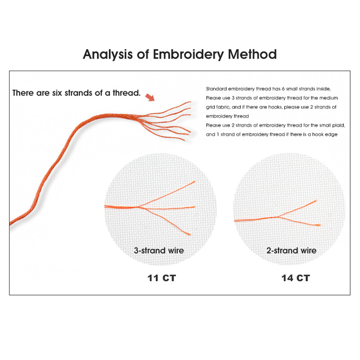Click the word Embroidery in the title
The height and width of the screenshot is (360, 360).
tap(188, 54)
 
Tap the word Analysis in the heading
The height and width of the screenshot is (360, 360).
tap(108, 54)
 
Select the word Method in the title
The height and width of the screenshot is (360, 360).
tap(252, 54)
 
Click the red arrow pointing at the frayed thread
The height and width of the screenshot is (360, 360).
tap(150, 97)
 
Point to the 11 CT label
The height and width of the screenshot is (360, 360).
tap(162, 278)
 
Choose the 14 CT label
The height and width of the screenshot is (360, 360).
tap(296, 278)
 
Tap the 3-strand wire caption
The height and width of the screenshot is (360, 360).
tap(159, 251)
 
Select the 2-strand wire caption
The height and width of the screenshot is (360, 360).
tap(291, 251)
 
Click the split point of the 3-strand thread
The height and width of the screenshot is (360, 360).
tap(139, 207)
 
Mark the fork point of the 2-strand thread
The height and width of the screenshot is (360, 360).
tap(277, 217)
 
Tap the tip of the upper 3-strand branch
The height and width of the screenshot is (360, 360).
tap(195, 182)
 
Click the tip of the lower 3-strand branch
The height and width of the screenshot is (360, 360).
tap(190, 234)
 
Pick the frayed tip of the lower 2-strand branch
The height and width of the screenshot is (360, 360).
tap(319, 225)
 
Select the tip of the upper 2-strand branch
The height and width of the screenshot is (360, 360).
tap(316, 201)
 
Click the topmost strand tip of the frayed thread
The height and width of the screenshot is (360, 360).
tap(190, 102)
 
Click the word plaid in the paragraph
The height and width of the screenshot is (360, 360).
tap(338, 126)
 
